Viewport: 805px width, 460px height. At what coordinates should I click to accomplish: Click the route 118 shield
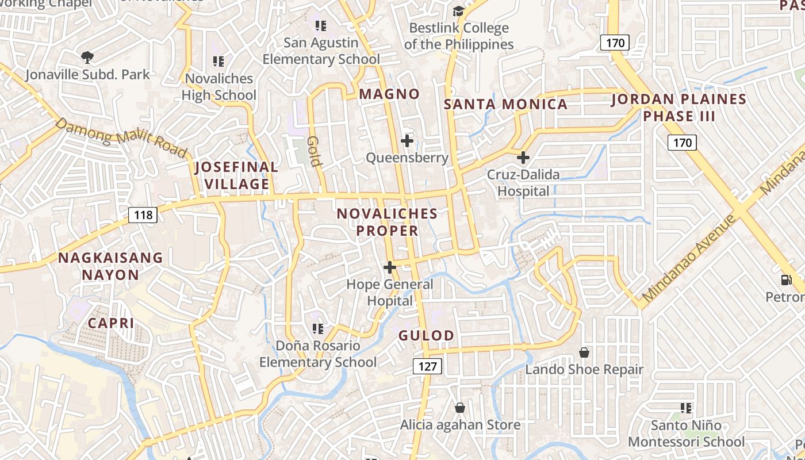[x=143, y=215]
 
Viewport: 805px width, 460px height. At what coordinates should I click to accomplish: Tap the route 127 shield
[x=427, y=366]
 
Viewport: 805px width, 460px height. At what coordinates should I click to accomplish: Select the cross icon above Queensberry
[x=407, y=140]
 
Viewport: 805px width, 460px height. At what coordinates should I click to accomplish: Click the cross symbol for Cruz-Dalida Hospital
[x=523, y=157]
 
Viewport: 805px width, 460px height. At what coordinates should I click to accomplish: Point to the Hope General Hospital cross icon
[x=390, y=267]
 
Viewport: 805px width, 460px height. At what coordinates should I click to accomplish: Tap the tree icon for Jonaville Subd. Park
[x=87, y=57]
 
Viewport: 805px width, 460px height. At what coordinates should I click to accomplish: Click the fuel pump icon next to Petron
[x=785, y=280]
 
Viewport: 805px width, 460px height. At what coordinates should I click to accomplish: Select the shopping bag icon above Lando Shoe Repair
[x=584, y=352]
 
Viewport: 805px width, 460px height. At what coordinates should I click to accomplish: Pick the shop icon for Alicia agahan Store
[x=460, y=408]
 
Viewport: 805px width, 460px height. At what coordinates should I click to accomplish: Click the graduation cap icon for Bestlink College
[x=458, y=11]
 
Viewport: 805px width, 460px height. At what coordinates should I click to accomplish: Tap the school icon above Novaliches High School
[x=218, y=61]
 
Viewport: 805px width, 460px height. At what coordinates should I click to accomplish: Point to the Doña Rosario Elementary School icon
[x=317, y=328]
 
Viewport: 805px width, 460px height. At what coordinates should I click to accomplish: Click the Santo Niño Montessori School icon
[x=685, y=408]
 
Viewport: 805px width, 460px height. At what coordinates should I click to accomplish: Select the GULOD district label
[x=426, y=336]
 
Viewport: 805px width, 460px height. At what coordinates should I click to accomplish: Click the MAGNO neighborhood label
[x=389, y=94]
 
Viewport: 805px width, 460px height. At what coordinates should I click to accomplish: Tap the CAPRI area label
[x=111, y=323]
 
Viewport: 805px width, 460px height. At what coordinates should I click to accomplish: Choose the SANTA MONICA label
[x=506, y=104]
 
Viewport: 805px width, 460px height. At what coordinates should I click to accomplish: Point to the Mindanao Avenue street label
[x=690, y=259]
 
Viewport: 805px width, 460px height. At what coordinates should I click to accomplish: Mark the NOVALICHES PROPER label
[x=387, y=222]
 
